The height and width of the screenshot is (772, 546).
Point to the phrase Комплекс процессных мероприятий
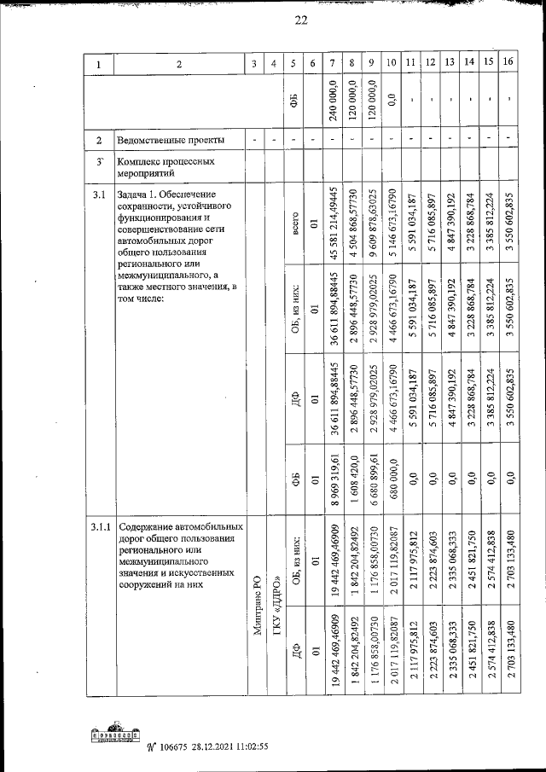[165, 165]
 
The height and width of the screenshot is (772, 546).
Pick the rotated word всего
[293, 228]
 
